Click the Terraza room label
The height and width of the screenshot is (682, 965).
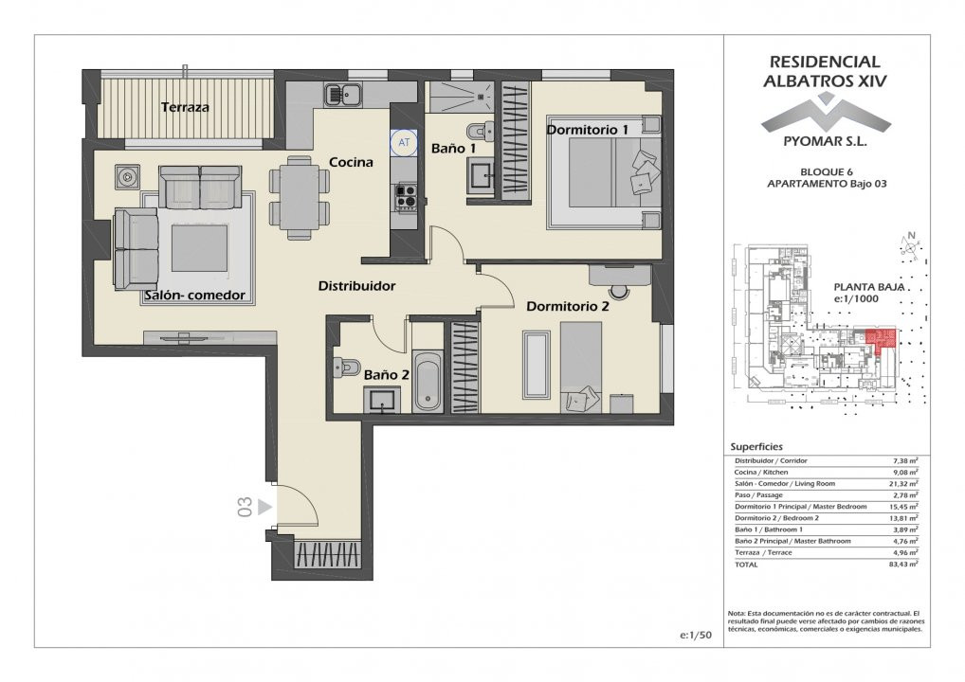[185, 107]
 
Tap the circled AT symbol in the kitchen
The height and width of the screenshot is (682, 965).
[404, 143]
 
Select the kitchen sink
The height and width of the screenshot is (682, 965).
[343, 94]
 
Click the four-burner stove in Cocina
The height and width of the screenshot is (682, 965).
[406, 196]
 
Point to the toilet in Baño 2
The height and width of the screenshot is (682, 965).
[346, 368]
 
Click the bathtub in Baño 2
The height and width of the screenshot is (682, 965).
[428, 381]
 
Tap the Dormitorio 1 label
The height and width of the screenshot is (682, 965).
[587, 130]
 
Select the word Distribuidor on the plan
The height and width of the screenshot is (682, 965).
[356, 286]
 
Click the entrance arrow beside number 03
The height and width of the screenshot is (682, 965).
[264, 507]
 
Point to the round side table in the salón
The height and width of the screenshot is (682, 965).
[127, 177]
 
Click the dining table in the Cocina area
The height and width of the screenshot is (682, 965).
[300, 197]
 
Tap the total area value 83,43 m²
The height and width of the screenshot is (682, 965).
[905, 564]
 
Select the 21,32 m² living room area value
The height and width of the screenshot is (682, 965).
[905, 483]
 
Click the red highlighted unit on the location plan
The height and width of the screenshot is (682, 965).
[881, 338]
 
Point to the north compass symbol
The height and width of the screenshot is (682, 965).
[910, 244]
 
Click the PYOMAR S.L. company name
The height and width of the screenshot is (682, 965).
[825, 141]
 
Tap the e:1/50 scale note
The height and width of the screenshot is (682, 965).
[696, 636]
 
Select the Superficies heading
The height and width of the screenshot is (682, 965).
[756, 447]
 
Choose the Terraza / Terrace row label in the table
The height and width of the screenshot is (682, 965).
[763, 552]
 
